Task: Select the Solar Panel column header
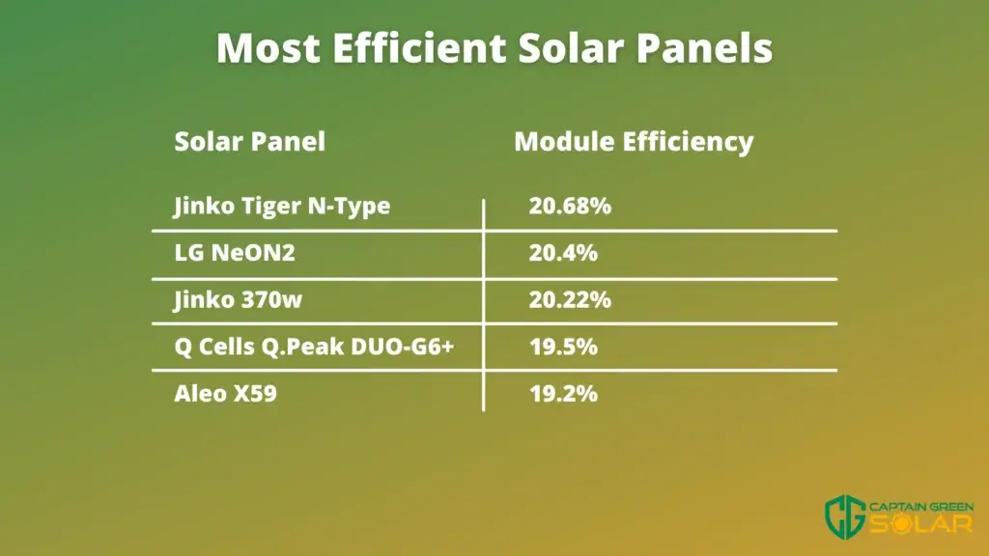250,142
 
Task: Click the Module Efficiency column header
634,142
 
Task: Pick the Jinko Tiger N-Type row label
282,207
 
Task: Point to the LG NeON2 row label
235,253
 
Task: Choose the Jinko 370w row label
238,299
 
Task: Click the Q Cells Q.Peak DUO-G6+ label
314,347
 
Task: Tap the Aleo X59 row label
225,394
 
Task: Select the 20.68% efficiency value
570,206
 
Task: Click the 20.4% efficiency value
563,253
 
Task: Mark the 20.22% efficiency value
570,299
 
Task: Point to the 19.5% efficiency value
563,347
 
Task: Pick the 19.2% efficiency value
563,394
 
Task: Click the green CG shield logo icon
845,517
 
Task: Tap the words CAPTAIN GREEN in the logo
920,507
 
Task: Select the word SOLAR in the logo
920,524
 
